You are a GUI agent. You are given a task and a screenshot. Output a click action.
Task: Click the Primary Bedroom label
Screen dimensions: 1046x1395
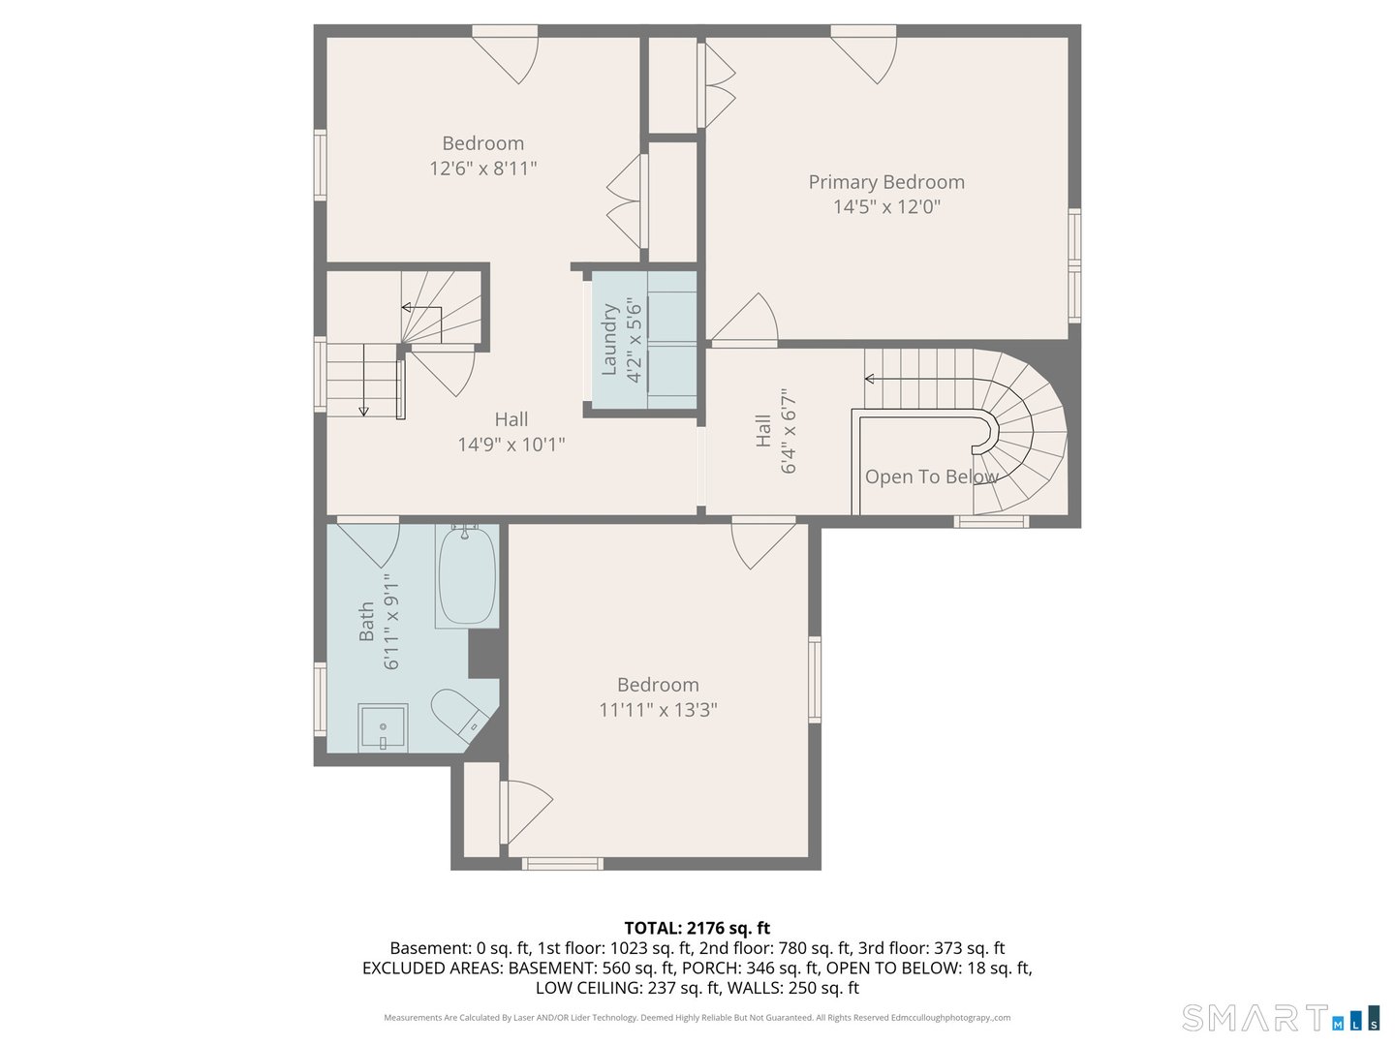886,182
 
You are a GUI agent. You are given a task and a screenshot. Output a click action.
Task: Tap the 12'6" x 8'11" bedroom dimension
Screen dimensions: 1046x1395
482,169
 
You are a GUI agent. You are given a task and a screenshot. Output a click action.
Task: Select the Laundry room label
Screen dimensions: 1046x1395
609,339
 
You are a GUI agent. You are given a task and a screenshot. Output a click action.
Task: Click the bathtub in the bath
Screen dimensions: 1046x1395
467,577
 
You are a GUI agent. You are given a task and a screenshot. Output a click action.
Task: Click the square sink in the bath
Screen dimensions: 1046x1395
383,727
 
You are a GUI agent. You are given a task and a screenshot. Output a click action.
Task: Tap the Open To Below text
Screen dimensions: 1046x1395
930,477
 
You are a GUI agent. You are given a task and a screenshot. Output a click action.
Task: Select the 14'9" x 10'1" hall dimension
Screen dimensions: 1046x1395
511,445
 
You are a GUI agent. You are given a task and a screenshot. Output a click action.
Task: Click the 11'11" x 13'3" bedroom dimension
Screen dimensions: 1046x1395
658,710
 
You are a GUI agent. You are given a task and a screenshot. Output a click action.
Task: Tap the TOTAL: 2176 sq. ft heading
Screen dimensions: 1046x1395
697,928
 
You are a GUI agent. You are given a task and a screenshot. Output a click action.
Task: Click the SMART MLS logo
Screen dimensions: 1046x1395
1280,1019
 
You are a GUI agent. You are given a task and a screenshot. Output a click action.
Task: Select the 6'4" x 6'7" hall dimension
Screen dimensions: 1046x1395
788,432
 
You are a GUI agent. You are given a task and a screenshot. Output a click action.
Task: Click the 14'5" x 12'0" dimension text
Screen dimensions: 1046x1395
886,206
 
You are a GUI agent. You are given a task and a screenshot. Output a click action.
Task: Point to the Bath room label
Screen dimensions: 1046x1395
366,622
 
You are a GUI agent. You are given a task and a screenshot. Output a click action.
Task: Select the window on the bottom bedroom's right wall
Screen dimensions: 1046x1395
815,679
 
